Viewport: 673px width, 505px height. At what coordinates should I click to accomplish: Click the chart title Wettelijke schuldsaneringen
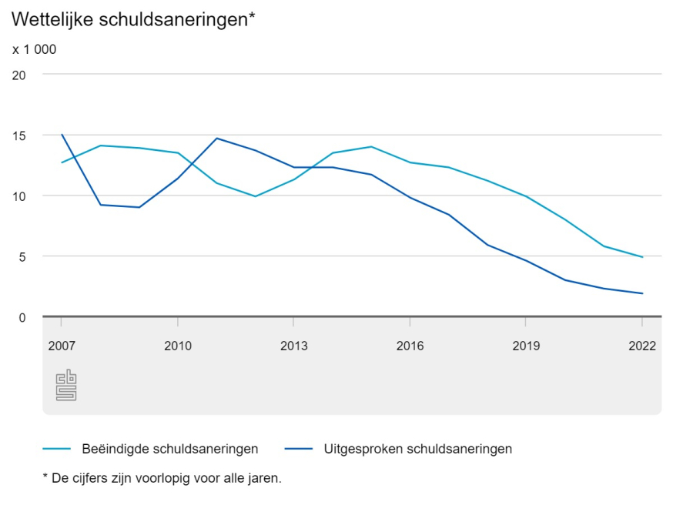(x=133, y=20)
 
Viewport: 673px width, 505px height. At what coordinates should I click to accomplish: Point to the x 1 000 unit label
(x=35, y=49)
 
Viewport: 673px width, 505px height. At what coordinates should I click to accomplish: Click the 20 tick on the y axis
(x=19, y=75)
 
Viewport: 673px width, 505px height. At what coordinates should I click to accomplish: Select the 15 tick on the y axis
(x=19, y=135)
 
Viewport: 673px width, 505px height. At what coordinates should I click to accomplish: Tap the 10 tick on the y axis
(x=19, y=196)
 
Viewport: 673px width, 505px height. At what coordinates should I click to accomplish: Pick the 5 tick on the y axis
(x=22, y=256)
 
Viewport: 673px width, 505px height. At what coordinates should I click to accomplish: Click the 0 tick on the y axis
(x=22, y=316)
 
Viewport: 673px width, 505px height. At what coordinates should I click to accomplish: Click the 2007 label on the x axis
(x=61, y=346)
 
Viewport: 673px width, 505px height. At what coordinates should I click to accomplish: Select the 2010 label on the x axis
(x=178, y=346)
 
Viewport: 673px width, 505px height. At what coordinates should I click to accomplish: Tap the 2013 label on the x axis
(x=293, y=346)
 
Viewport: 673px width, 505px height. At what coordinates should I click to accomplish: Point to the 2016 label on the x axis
(x=410, y=346)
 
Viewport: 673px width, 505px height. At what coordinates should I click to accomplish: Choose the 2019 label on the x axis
(x=526, y=346)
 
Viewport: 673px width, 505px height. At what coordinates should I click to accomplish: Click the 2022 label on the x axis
(x=641, y=346)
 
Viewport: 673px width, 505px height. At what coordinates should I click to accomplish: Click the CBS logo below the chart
(x=66, y=385)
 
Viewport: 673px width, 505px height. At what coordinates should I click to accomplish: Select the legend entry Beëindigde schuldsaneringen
(x=169, y=449)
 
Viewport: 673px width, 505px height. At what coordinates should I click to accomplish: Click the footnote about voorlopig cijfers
(x=162, y=478)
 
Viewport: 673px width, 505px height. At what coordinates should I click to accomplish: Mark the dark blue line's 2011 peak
(x=216, y=139)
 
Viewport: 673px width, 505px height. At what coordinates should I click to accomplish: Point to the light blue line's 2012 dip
(x=255, y=196)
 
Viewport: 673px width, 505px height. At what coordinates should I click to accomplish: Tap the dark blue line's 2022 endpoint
(x=641, y=293)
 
